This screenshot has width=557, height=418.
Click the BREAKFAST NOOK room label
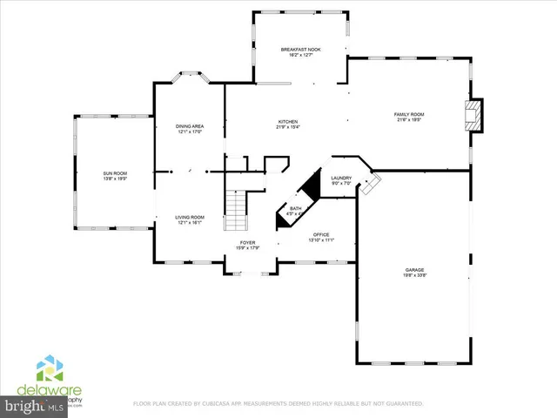[301, 50]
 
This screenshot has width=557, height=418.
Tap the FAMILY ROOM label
[409, 115]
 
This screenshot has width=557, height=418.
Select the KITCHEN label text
[288, 121]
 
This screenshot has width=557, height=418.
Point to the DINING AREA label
[190, 127]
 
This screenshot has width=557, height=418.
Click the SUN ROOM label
[115, 174]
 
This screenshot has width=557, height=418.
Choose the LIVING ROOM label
[190, 217]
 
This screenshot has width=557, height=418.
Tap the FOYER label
[247, 243]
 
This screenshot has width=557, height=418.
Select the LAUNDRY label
[341, 178]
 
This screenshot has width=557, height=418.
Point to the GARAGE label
[413, 271]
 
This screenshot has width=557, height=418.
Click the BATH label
[295, 208]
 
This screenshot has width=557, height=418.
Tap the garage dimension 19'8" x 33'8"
[413, 277]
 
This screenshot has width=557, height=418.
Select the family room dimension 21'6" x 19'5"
[409, 121]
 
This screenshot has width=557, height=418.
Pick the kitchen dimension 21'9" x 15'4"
[288, 127]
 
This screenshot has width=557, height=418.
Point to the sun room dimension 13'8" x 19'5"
[115, 180]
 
